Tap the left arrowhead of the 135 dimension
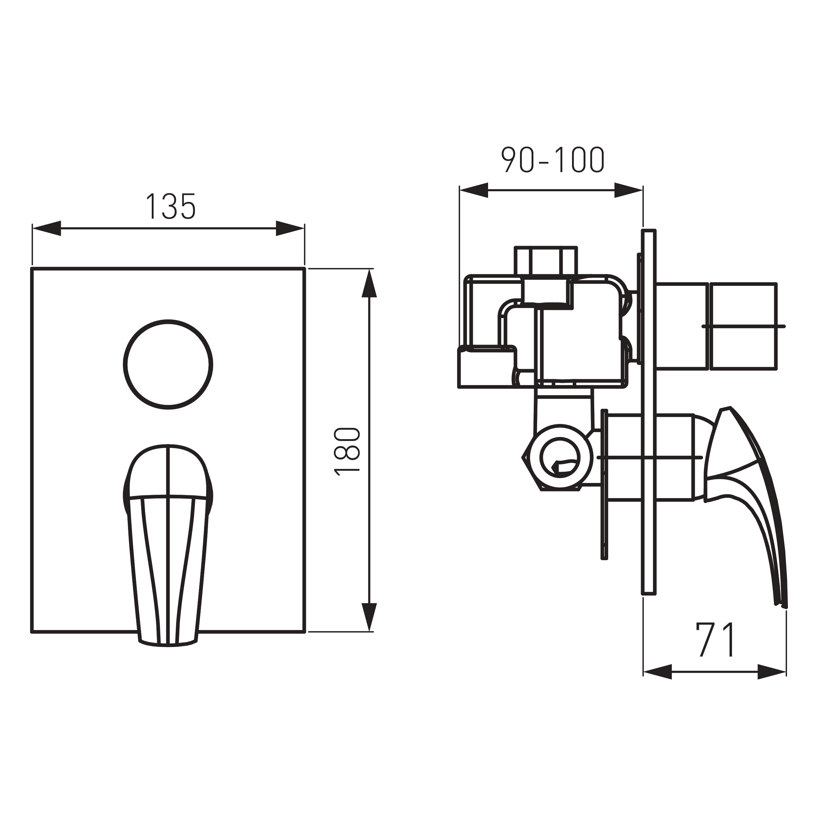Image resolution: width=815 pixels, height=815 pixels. coord(47,228)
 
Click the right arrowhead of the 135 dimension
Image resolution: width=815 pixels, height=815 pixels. coord(290,228)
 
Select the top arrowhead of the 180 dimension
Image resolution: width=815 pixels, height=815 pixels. coord(369,283)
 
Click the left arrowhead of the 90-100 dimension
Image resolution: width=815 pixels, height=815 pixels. coord(474,190)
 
